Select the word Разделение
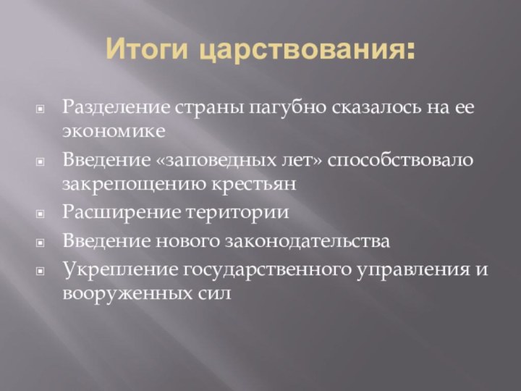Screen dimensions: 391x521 pyautogui.click(x=116, y=109)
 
